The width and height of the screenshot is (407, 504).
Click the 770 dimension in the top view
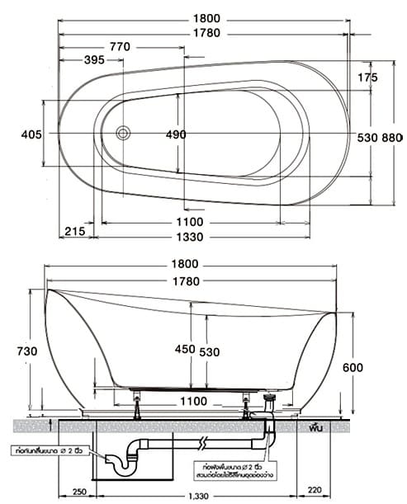tap(120, 48)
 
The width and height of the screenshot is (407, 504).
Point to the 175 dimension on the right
tap(367, 77)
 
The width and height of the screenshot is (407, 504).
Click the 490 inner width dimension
tap(176, 134)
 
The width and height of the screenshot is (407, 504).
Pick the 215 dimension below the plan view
tap(74, 231)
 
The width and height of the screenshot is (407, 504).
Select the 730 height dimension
tap(26, 351)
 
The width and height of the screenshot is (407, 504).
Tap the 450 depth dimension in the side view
tap(185, 350)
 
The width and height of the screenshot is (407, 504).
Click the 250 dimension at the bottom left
tap(80, 493)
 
